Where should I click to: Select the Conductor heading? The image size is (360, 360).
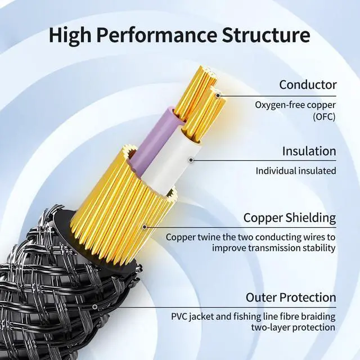pyautogui.click(x=308, y=85)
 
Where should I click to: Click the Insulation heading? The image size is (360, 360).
pyautogui.click(x=309, y=151)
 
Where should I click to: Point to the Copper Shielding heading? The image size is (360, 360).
pyautogui.click(x=289, y=218)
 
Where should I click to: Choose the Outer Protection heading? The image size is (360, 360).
pyautogui.click(x=291, y=297)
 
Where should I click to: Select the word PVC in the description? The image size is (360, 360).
pyautogui.click(x=180, y=316)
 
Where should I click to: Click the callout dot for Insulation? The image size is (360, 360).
pyautogui.click(x=191, y=160)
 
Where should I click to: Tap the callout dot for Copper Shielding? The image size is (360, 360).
pyautogui.click(x=145, y=227)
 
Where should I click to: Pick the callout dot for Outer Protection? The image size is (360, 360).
pyautogui.click(x=95, y=307)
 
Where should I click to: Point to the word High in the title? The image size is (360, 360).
pyautogui.click(x=69, y=35)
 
